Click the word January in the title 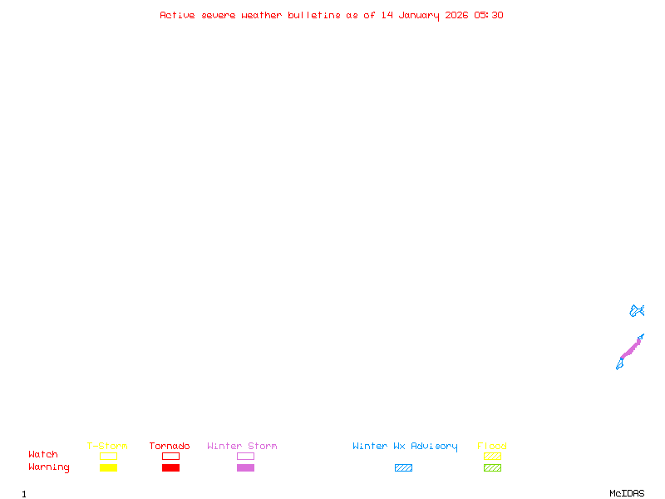[419, 16]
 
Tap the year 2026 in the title [456, 15]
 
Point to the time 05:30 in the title [489, 15]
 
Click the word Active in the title [177, 15]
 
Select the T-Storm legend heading [107, 446]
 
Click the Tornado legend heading [170, 446]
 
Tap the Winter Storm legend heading [242, 446]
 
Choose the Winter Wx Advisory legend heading [405, 447]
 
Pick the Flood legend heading [492, 446]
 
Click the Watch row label [43, 454]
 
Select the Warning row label [49, 467]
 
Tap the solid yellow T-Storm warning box [109, 467]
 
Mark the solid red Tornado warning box [171, 467]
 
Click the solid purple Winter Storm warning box [245, 467]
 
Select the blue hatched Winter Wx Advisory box [403, 467]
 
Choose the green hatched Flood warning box [492, 467]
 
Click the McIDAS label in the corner [627, 493]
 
